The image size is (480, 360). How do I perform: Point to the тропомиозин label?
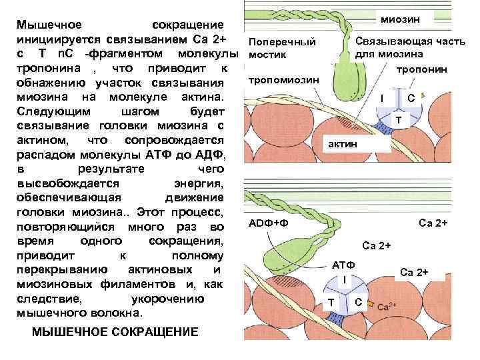coord(283,80)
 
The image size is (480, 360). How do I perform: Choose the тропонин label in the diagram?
coord(421,69)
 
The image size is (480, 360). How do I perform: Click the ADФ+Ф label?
coord(269,221)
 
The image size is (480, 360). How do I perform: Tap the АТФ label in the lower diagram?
coord(344,265)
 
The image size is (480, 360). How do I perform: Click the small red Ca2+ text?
coord(388,307)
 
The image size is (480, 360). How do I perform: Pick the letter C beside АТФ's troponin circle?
coord(359,303)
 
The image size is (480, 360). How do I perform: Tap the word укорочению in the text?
coord(167,299)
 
